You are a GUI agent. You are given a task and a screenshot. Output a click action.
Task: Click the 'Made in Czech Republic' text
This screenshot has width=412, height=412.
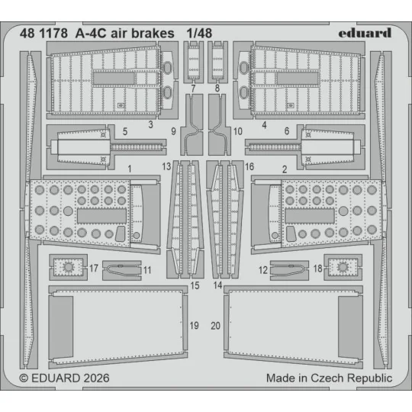[329, 378]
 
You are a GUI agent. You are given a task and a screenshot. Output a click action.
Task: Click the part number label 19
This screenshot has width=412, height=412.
[194, 326]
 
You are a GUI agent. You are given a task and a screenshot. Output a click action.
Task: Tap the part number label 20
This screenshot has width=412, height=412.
[216, 326]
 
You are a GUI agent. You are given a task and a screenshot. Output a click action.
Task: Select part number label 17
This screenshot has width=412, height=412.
[93, 269]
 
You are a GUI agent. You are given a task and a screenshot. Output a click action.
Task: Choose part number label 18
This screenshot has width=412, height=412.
[318, 269]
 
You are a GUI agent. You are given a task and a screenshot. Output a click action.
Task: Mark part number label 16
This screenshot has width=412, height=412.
[249, 166]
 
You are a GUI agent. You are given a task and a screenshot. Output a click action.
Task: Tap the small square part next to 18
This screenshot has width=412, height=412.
[343, 267]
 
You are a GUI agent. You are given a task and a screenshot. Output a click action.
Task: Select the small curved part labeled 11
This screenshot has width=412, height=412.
[122, 268]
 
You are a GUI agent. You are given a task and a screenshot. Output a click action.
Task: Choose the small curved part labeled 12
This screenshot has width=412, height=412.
[288, 268]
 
